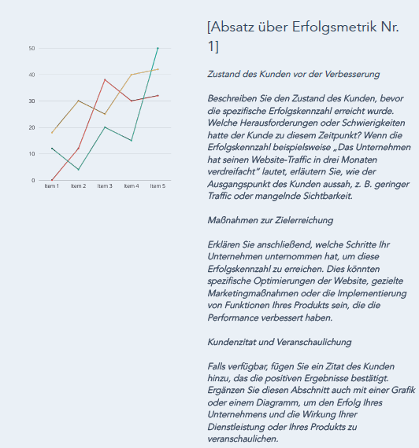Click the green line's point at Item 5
pyautogui.click(x=158, y=48)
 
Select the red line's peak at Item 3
pyautogui.click(x=105, y=79)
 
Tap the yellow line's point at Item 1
pyautogui.click(x=52, y=132)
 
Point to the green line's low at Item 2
pyautogui.click(x=78, y=169)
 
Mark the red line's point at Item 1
pyautogui.click(x=52, y=180)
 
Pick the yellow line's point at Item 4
pyautogui.click(x=131, y=75)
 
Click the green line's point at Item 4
pyautogui.click(x=131, y=141)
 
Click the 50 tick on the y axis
pyautogui.click(x=32, y=48)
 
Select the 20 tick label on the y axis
pyautogui.click(x=32, y=127)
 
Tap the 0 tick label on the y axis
pyautogui.click(x=33, y=180)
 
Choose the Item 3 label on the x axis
pyautogui.click(x=105, y=186)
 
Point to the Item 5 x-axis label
pyautogui.click(x=158, y=186)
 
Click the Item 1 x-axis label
pyautogui.click(x=52, y=186)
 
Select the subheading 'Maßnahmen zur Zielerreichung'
pyautogui.click(x=269, y=220)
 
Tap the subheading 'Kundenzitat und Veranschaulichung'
pyautogui.click(x=279, y=342)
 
